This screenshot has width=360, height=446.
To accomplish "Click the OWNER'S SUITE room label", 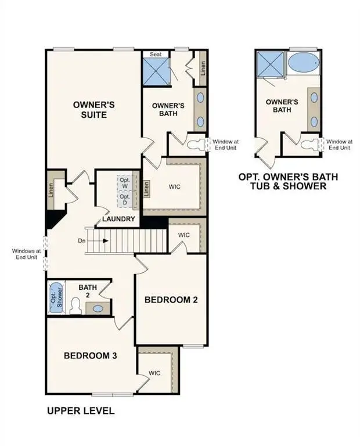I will point(93,110).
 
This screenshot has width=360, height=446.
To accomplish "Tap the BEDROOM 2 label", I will point(171,300).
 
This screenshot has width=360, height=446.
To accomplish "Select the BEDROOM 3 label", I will point(91,355).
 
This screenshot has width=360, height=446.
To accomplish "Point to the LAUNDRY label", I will point(118,219).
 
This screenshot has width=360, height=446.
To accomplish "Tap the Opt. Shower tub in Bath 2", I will point(56,297).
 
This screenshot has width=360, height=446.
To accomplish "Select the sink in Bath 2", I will point(98,308).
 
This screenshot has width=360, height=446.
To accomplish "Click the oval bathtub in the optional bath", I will point(302,63).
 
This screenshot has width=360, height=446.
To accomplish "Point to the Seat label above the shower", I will point(156,54).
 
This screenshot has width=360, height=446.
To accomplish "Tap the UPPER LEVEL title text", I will point(80,411).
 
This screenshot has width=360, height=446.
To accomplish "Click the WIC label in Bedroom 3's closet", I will point(154,373).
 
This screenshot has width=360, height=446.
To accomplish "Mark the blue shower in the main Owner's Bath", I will point(156,71).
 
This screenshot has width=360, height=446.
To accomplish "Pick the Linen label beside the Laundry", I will point(147,188).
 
